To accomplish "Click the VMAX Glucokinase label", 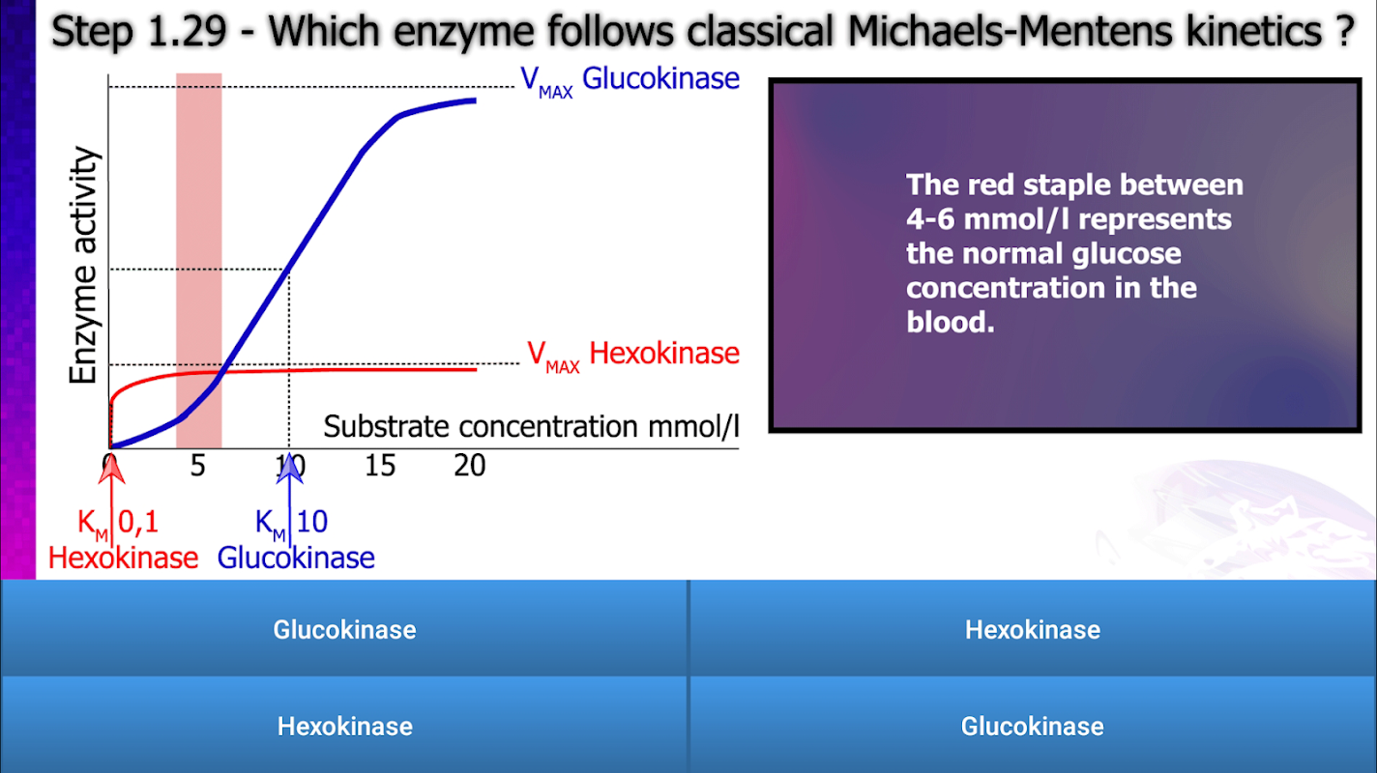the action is tap(630, 81).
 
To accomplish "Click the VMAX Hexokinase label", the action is tap(633, 356).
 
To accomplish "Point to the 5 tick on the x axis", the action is tap(197, 466).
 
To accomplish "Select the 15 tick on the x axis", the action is tap(380, 466).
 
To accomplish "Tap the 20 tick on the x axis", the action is tap(470, 466).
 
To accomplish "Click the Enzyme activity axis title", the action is tap(83, 265).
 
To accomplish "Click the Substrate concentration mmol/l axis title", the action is tap(531, 426).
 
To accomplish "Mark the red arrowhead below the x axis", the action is tap(111, 470).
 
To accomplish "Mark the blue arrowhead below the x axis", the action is tap(289, 470).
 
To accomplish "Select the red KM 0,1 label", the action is tap(118, 524).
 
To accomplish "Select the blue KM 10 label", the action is tap(291, 524).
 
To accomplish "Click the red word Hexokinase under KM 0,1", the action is tap(123, 558).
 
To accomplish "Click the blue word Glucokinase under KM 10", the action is tap(296, 558).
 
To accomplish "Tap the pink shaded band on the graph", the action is tap(198, 261).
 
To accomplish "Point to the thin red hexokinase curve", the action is tap(289, 370).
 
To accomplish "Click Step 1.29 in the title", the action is tap(139, 31).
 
